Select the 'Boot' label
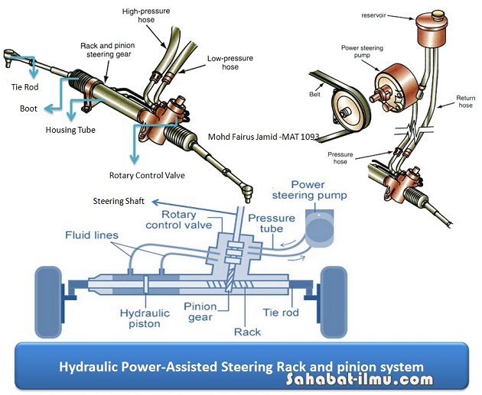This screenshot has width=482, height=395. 28,108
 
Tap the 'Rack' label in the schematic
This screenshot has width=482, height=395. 248,332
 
